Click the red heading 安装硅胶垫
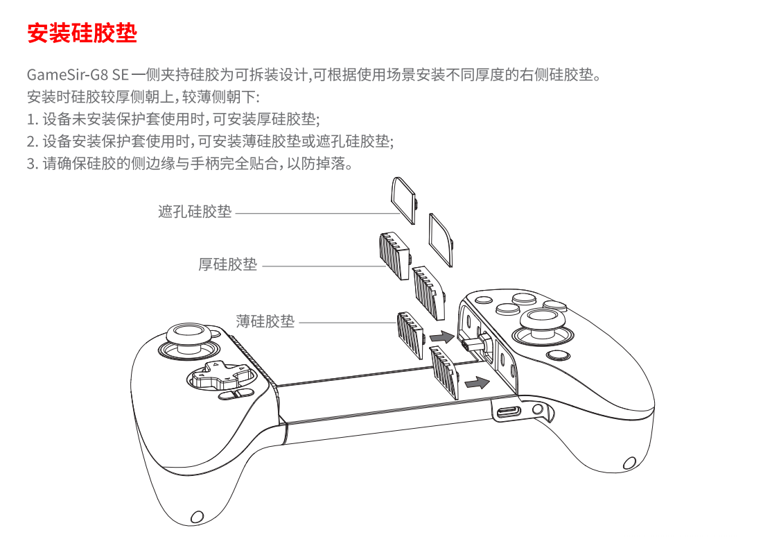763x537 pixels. (x=82, y=33)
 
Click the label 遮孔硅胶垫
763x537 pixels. (x=195, y=212)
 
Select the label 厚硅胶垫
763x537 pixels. (x=228, y=264)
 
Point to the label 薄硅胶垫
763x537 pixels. (x=265, y=321)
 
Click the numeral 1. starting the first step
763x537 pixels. (x=32, y=119)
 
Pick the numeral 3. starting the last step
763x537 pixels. (x=32, y=164)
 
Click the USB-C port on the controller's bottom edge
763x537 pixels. (x=509, y=412)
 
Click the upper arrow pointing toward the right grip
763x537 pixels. (x=442, y=336)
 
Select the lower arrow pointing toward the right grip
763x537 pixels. (x=477, y=382)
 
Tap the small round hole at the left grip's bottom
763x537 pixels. (x=197, y=517)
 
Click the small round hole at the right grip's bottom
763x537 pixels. (x=629, y=463)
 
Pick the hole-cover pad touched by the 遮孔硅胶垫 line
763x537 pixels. (x=404, y=201)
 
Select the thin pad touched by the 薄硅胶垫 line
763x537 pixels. (x=411, y=335)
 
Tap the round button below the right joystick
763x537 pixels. (x=558, y=355)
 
